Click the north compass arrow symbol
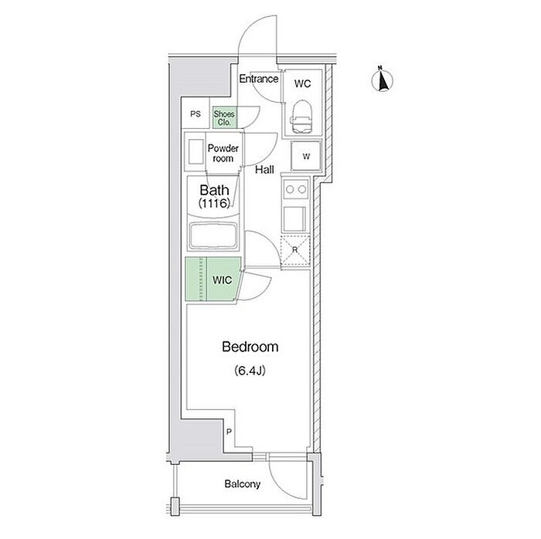click(x=381, y=80)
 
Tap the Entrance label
click(x=257, y=80)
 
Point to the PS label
click(x=196, y=115)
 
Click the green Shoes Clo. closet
click(x=225, y=117)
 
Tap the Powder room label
click(x=223, y=153)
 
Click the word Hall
click(x=265, y=170)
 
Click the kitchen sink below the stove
click(x=294, y=219)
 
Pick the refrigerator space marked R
click(x=294, y=249)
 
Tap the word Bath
click(x=213, y=191)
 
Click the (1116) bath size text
click(x=213, y=205)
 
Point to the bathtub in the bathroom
click(x=213, y=234)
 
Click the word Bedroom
click(x=250, y=347)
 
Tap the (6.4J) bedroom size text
click(x=250, y=371)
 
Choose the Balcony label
click(x=243, y=485)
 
